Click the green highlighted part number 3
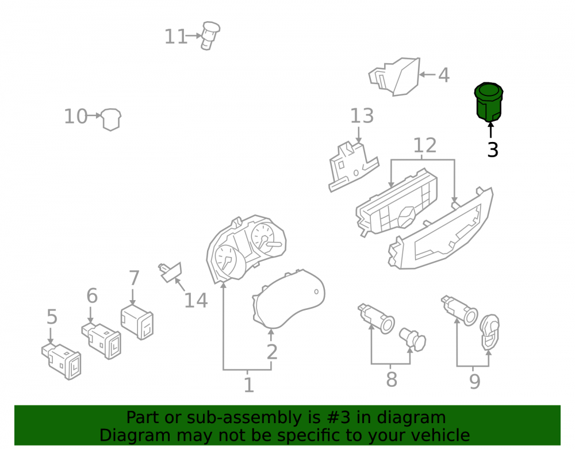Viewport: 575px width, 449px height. [x=488, y=102]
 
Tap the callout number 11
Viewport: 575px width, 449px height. [x=175, y=37]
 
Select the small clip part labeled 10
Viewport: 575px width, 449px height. [x=111, y=119]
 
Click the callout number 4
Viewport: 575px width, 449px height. [x=444, y=75]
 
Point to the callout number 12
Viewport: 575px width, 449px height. [x=425, y=145]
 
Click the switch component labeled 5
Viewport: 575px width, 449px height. [x=62, y=361]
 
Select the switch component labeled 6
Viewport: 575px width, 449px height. [x=102, y=341]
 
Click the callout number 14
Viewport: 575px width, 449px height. [x=196, y=301]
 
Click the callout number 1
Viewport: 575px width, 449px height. [x=248, y=385]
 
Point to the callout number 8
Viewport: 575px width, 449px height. [x=392, y=380]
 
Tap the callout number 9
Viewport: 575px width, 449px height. [x=474, y=382]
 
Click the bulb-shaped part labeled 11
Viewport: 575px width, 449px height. [x=210, y=36]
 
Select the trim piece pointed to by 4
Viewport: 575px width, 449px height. [x=394, y=76]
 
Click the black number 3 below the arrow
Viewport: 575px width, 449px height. [x=493, y=150]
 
